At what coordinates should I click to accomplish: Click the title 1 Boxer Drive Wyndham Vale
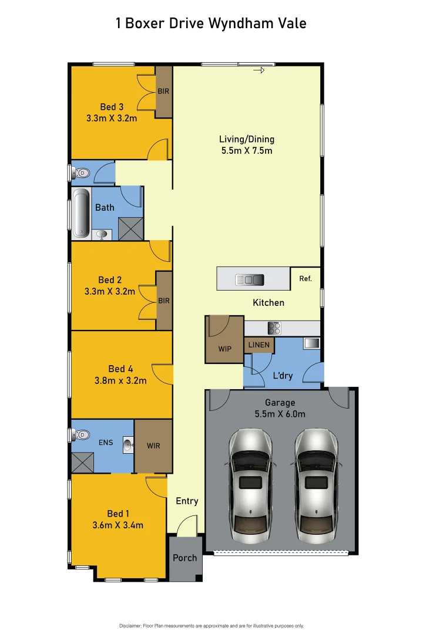click(x=211, y=23)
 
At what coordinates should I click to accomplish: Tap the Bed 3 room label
click(x=112, y=107)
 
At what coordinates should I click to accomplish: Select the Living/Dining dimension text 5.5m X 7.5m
click(x=247, y=150)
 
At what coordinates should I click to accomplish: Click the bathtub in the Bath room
click(x=80, y=213)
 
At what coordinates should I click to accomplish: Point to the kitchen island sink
click(x=250, y=279)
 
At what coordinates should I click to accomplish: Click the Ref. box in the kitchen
click(x=305, y=279)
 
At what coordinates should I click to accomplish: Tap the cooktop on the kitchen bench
click(x=274, y=328)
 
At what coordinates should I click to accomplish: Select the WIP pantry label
click(x=224, y=349)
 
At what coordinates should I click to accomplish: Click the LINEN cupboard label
click(x=259, y=345)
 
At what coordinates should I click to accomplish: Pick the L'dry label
click(x=283, y=376)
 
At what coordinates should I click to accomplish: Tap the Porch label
click(x=185, y=558)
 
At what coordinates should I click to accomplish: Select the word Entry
click(x=187, y=501)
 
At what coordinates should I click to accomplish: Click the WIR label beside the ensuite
click(x=153, y=446)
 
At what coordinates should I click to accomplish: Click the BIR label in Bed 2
click(x=164, y=301)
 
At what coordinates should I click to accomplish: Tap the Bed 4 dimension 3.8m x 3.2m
click(x=120, y=380)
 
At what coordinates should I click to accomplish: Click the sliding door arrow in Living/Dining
click(x=259, y=70)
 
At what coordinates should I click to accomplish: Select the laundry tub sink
click(x=311, y=343)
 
